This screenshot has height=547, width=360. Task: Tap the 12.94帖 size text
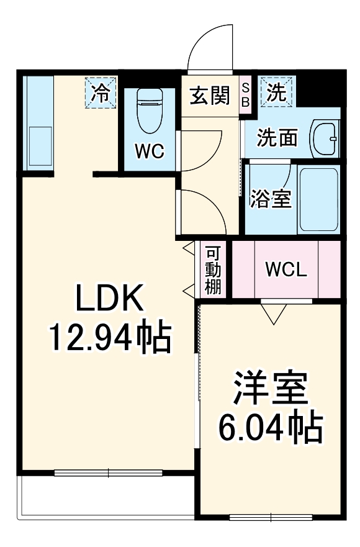(110, 338)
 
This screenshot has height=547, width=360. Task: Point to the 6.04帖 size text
(270, 427)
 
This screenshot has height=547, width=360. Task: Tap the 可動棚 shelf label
(214, 270)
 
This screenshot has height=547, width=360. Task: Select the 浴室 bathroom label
(271, 200)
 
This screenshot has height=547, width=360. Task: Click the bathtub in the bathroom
(318, 199)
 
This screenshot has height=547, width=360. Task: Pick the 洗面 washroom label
(277, 137)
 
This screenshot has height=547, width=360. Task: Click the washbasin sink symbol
(325, 138)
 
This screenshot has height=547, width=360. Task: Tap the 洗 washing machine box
(276, 93)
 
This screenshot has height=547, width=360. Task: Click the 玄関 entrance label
(209, 96)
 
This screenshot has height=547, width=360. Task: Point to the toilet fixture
(149, 109)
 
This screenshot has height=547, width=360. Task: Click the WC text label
(149, 150)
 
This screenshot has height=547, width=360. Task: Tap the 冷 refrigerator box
(101, 92)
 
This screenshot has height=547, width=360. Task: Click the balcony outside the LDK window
(106, 497)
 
